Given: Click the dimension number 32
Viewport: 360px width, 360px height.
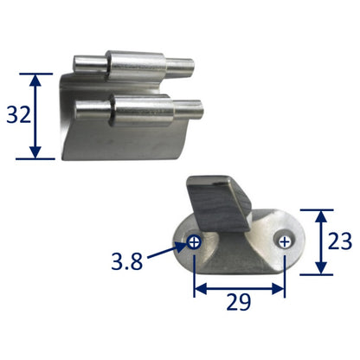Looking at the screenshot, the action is [x=19, y=115].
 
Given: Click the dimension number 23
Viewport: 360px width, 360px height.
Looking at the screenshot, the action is [x=340, y=241].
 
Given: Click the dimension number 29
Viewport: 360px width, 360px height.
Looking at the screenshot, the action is [x=239, y=302].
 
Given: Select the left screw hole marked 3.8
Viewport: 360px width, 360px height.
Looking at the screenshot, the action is [x=194, y=242].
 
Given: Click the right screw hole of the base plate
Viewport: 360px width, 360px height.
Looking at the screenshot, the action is [x=285, y=241].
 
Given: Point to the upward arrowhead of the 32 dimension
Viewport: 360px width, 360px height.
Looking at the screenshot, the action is [x=35, y=80].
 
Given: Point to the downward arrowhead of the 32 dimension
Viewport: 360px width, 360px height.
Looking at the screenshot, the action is [x=35, y=152].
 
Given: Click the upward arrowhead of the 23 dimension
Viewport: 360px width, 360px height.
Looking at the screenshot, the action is [x=320, y=216].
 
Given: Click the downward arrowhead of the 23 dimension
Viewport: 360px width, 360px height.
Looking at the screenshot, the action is [x=320, y=268].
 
